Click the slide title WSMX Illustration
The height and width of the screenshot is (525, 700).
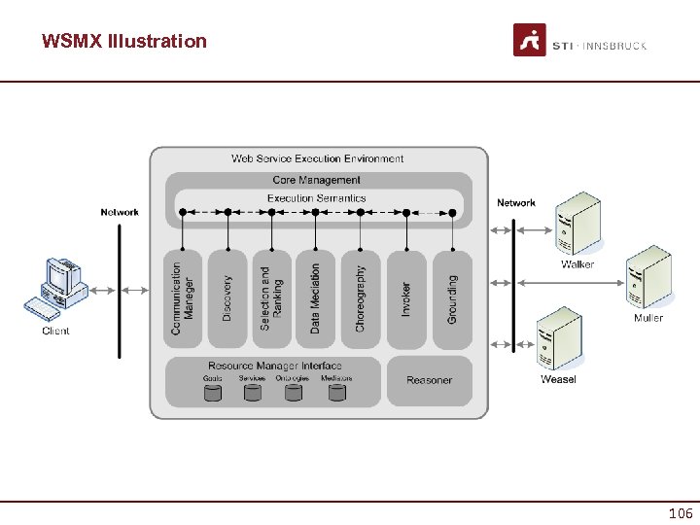point(124,41)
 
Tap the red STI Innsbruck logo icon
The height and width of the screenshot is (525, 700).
point(530,41)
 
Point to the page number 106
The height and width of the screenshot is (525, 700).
point(681,513)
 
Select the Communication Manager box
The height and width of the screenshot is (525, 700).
point(183,298)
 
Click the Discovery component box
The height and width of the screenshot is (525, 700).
point(227,298)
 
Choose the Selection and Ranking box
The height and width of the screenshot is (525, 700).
point(271,298)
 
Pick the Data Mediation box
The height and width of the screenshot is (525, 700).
point(315,298)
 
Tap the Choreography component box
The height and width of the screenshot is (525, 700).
point(360,298)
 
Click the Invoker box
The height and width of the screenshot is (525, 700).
point(405,298)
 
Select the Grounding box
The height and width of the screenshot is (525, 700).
point(452,298)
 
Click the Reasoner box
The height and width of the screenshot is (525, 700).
point(430,380)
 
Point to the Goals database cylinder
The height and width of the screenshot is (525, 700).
point(213,393)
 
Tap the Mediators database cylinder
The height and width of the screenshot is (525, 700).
point(336,393)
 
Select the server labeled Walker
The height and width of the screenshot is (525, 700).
point(577,225)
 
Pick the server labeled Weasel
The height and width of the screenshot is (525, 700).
point(559,339)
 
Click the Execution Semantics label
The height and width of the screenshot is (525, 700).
point(317,198)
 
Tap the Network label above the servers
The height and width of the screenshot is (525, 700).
point(516,203)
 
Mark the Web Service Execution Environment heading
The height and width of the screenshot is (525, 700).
point(318,158)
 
